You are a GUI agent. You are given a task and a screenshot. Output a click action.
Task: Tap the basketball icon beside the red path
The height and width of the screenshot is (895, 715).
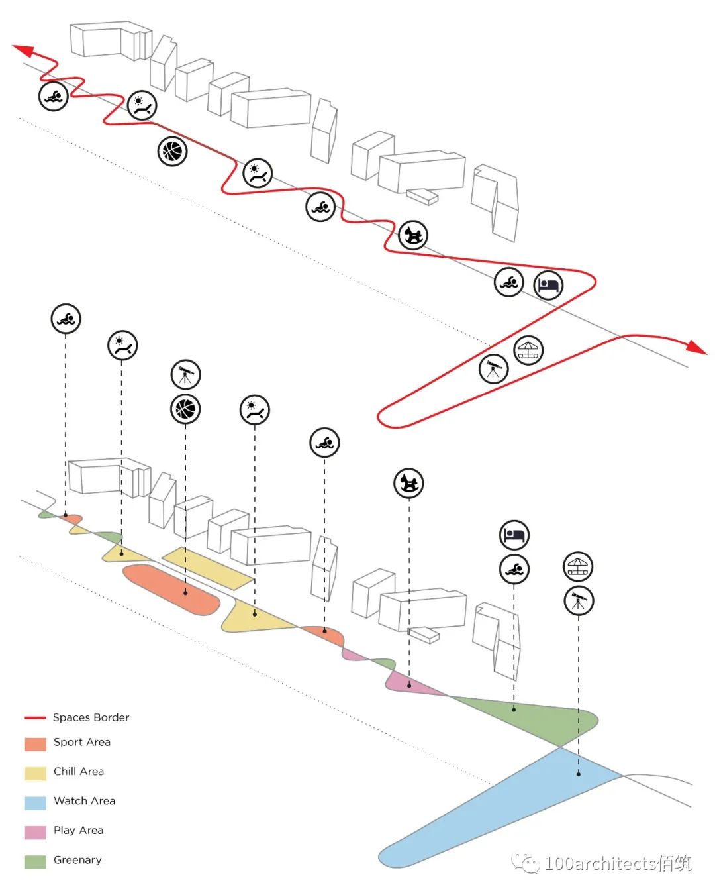pos(172,152)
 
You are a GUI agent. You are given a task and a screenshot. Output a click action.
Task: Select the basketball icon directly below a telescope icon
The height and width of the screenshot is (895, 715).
pos(185,409)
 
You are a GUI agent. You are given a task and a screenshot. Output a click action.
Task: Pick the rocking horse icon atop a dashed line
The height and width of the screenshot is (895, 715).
pos(408,483)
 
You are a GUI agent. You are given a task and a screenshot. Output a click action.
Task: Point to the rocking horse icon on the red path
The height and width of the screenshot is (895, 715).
pos(413,235)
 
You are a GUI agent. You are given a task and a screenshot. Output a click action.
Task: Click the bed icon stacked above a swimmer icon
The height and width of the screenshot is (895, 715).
pos(514,535)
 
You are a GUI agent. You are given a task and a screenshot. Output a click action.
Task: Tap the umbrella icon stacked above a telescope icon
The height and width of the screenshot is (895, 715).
pos(578,566)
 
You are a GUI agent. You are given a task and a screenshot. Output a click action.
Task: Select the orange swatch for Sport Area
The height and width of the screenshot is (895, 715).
pos(35,743)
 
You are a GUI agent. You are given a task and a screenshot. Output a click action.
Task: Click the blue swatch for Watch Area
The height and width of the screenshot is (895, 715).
pos(35,802)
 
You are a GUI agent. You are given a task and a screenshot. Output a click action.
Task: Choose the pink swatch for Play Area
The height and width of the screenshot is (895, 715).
pos(35,832)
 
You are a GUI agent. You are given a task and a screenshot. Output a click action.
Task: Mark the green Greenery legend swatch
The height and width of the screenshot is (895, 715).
pos(35,861)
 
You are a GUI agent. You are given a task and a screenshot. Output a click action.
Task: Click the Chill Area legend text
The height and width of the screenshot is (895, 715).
pos(79,771)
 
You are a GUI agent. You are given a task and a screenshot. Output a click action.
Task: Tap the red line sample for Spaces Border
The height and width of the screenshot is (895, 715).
pos(35,717)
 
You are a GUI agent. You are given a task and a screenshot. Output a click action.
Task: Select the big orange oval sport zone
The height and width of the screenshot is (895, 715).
pos(170,588)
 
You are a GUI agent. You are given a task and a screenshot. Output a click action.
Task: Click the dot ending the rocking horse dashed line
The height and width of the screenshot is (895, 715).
pos(409,686)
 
